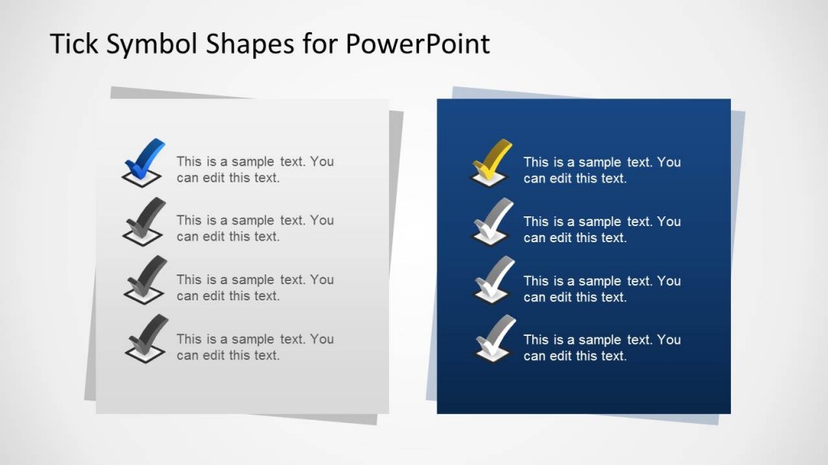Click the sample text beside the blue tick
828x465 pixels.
tap(255, 170)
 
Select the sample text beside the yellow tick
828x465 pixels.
tap(602, 170)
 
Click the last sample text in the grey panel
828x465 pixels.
tap(255, 347)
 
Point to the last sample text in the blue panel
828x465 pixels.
tap(602, 348)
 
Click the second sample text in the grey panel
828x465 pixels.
tap(255, 228)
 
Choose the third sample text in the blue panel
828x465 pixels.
tap(602, 289)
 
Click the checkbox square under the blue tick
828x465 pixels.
tap(142, 178)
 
